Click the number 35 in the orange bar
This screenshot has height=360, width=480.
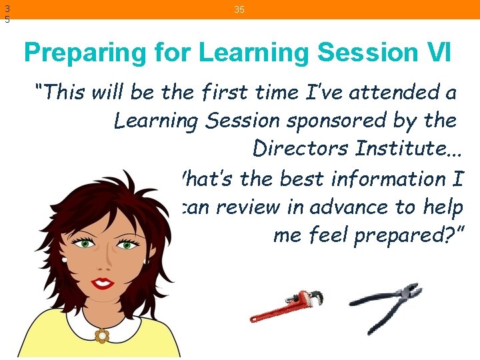(x=239, y=9)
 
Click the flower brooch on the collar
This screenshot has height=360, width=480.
(x=101, y=335)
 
